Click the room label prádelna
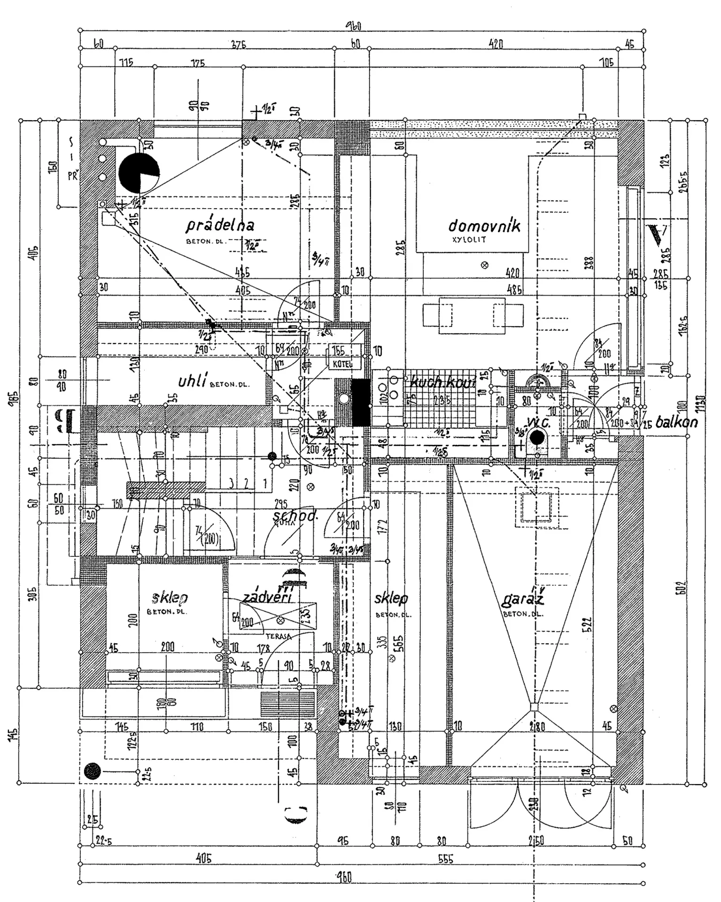(x=220, y=225)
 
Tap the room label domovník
(x=484, y=226)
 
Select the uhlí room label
(x=193, y=381)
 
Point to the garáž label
(x=523, y=599)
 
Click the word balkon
(x=676, y=422)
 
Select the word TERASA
(x=279, y=637)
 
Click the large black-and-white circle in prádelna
(x=139, y=172)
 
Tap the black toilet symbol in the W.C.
(x=537, y=438)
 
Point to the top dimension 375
(x=239, y=45)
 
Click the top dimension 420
(x=495, y=45)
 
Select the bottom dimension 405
(x=203, y=858)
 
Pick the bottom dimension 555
(x=445, y=859)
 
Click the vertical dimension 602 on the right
(x=682, y=587)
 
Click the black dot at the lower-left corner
(x=93, y=771)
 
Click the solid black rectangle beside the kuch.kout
(x=361, y=402)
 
